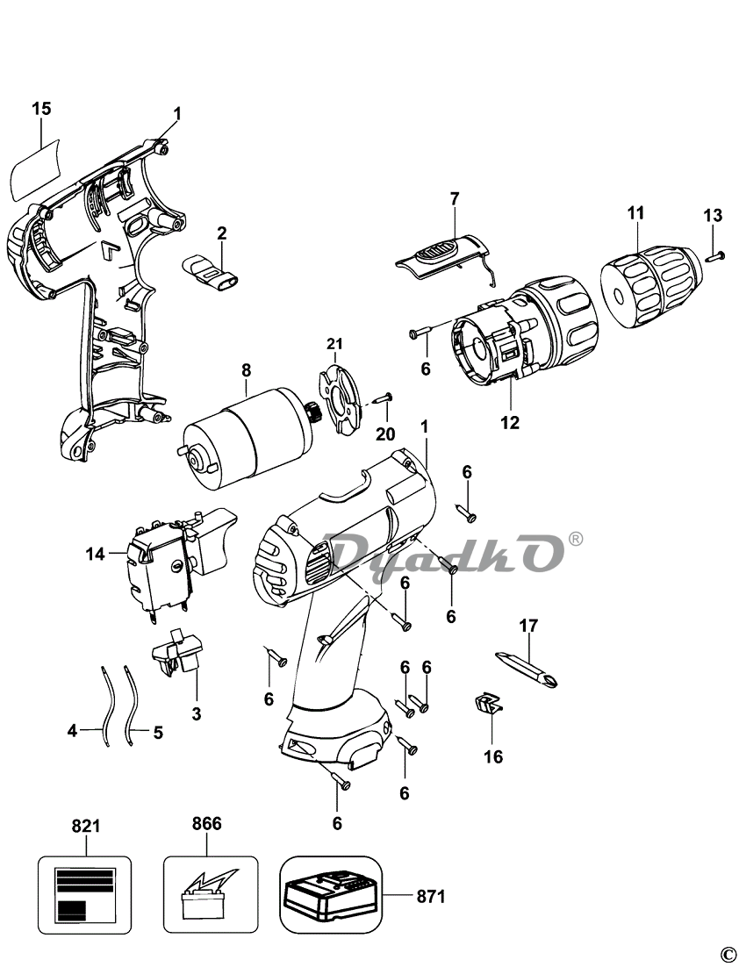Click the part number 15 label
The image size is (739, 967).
[41, 109]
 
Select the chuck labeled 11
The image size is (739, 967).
[649, 286]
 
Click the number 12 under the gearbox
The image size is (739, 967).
[510, 423]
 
